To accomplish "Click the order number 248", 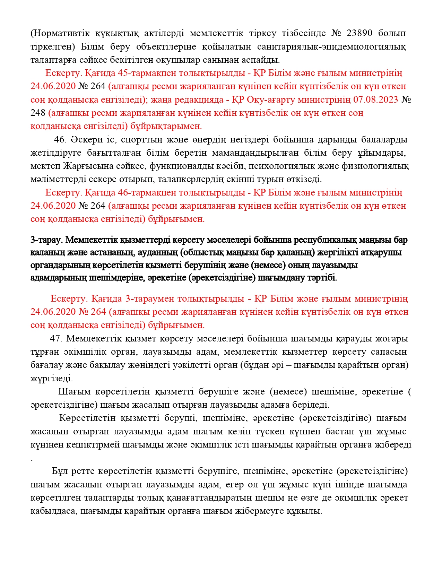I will pyautogui.click(x=38, y=113).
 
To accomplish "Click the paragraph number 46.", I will pyautogui.click(x=60, y=140).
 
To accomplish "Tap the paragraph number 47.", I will pyautogui.click(x=56, y=339).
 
